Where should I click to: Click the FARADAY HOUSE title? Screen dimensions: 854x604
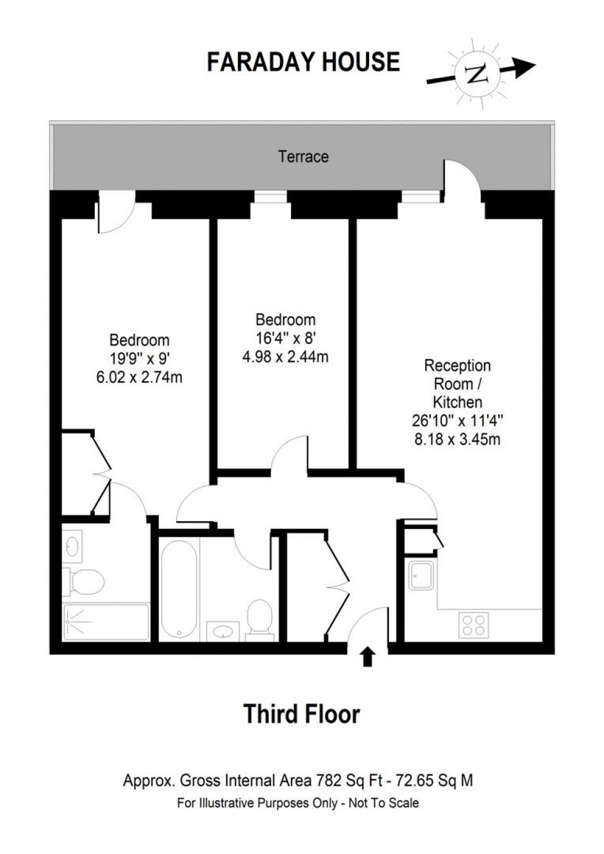(x=303, y=62)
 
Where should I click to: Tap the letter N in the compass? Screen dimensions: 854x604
(x=476, y=74)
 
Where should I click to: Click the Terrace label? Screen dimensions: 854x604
(x=303, y=157)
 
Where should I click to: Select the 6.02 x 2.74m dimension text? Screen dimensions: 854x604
(x=139, y=377)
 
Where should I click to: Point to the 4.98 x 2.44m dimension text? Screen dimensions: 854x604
(x=285, y=356)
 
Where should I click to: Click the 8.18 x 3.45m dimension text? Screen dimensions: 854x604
(x=457, y=439)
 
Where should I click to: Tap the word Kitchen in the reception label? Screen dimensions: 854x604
(x=457, y=403)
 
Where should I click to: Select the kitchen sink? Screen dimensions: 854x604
(x=420, y=575)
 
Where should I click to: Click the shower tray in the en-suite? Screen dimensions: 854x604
(x=106, y=622)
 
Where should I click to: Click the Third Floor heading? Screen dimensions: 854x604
(x=301, y=713)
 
